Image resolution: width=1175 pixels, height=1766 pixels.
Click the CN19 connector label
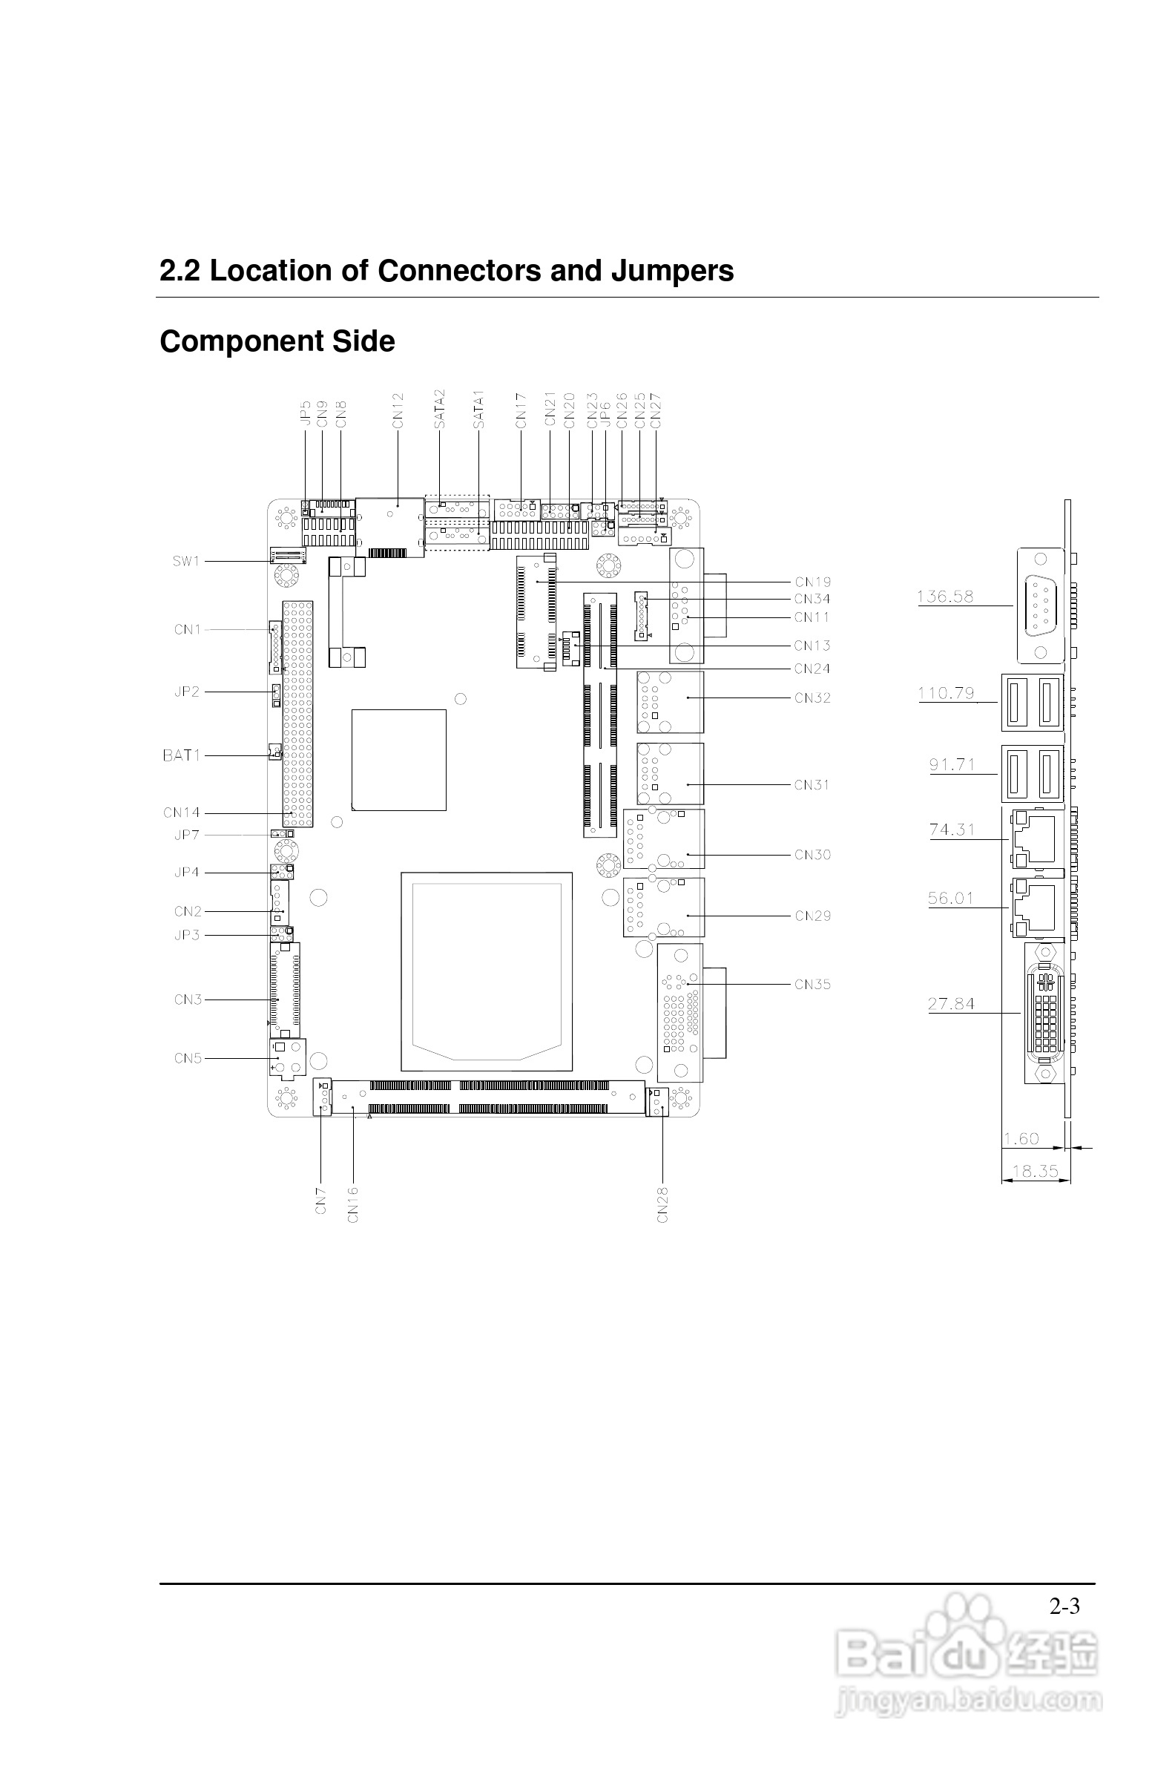tap(812, 582)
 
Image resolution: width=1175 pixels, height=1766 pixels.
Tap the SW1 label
tap(186, 562)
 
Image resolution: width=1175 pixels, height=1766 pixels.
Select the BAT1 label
tap(181, 755)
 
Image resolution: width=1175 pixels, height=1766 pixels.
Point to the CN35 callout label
tap(812, 985)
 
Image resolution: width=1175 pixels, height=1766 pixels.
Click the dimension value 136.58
tap(945, 597)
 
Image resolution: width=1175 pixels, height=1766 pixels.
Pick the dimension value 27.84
tap(951, 1004)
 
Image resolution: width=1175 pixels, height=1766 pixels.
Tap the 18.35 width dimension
tap(1035, 1171)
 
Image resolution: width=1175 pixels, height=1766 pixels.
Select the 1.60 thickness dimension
tap(1021, 1138)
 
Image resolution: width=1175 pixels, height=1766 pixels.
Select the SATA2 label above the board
tap(440, 409)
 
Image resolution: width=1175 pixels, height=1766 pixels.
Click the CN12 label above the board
tap(398, 411)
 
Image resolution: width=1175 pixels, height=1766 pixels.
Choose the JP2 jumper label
tap(187, 692)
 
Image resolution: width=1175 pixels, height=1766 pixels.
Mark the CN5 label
tap(188, 1058)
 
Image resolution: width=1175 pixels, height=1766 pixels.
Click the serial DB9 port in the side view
tap(1040, 605)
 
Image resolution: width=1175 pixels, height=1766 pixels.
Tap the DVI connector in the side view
tap(1045, 1013)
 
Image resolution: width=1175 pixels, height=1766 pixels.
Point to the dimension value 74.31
tap(952, 830)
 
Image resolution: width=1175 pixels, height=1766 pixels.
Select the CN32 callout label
tap(812, 697)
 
